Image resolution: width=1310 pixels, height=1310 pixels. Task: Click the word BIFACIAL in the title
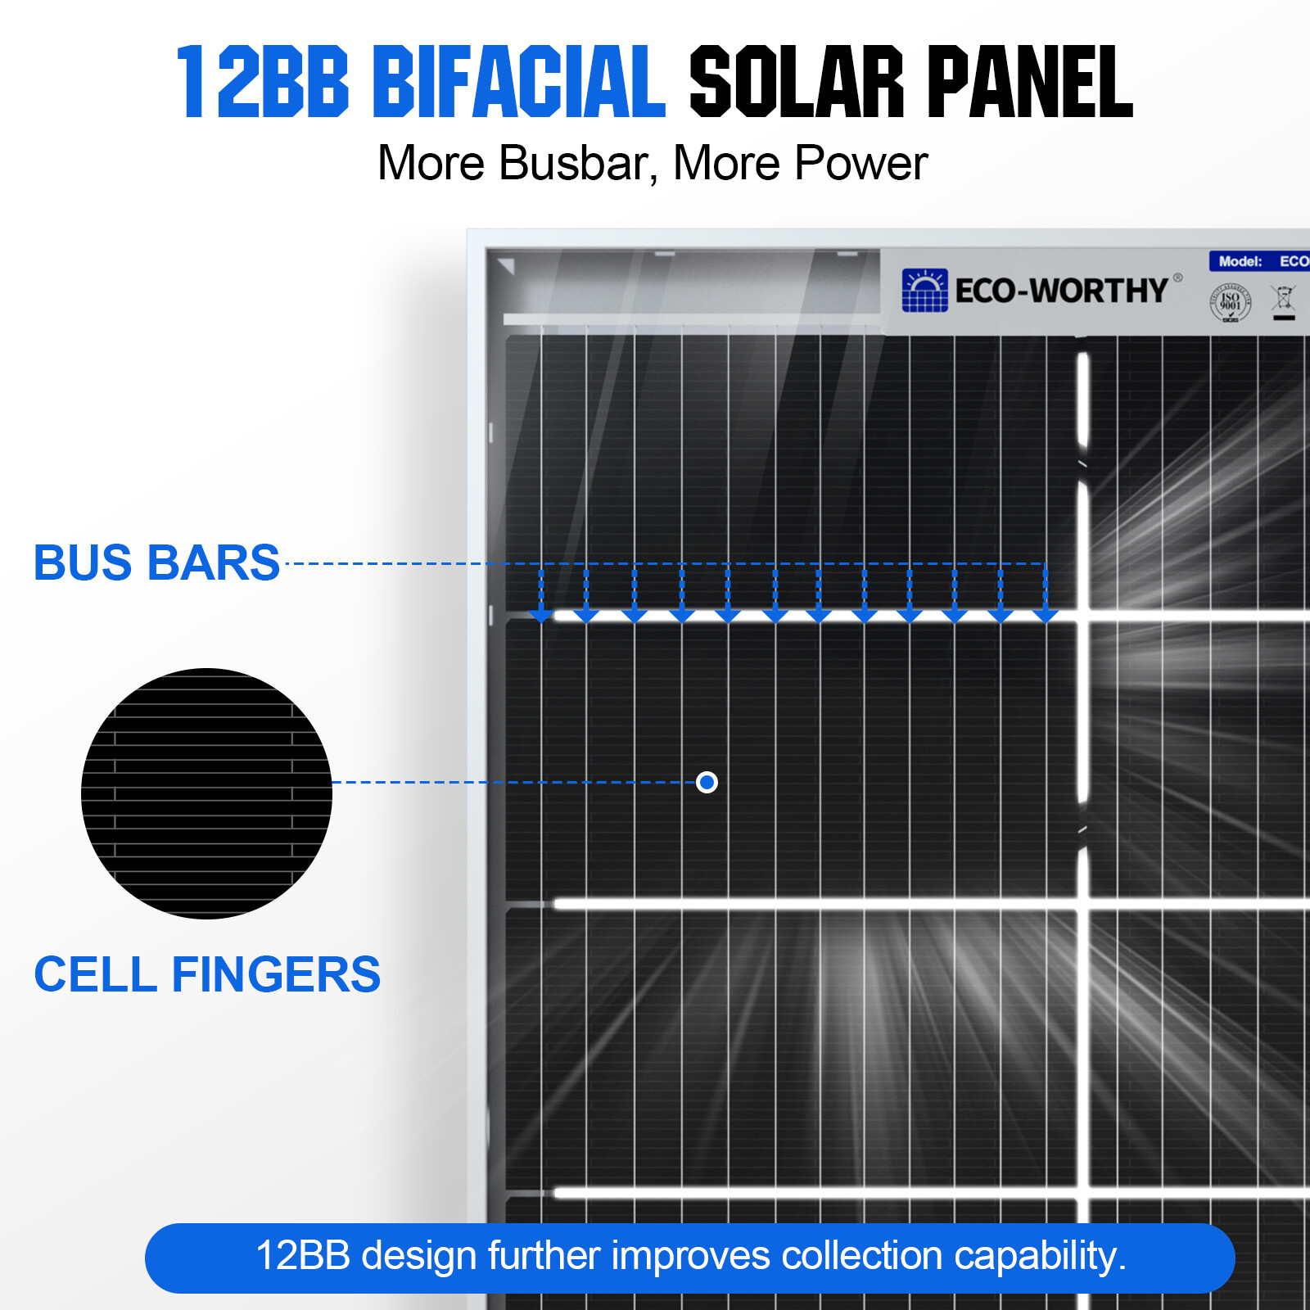pos(519,82)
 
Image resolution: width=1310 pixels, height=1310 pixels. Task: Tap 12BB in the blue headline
pos(263,82)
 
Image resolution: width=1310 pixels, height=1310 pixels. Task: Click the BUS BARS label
pos(156,563)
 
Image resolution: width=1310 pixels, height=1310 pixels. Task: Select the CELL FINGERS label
pos(207,974)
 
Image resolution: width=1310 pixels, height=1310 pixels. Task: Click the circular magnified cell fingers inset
pos(206,793)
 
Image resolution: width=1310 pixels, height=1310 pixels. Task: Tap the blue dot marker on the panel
pos(707,783)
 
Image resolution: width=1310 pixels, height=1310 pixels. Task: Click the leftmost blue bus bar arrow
pos(540,610)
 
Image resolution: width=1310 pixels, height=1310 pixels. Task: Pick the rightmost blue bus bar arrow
pos(1046,610)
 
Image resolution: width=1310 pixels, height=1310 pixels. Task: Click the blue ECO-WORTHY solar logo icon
pos(924,291)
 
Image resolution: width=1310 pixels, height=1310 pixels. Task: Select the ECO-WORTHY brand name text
pos(1061,291)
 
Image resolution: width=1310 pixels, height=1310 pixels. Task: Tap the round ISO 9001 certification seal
pos(1230,303)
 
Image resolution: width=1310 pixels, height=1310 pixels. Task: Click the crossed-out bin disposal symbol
pos(1284,300)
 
